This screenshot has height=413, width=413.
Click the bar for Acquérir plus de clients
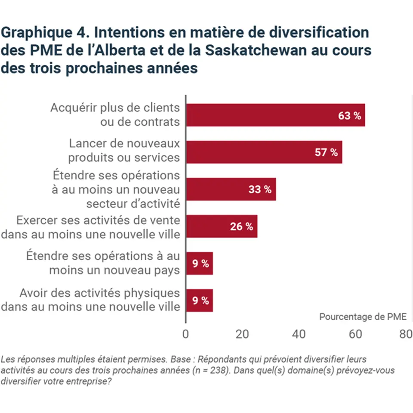[275, 115]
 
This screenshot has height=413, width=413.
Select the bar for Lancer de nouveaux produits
[264, 152]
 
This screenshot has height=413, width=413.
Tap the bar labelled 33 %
[231, 189]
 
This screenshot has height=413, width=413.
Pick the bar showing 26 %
[221, 226]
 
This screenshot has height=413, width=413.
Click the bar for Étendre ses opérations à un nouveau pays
[199, 263]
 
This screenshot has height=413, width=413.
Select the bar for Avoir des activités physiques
[199, 300]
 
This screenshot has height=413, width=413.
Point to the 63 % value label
[349, 116]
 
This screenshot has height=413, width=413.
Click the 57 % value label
[326, 153]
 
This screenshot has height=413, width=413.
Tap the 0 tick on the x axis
[186, 334]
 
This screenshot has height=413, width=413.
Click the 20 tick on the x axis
[242, 334]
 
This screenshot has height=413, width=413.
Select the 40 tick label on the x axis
[299, 334]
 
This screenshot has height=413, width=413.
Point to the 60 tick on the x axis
[355, 334]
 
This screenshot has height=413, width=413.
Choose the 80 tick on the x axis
[406, 334]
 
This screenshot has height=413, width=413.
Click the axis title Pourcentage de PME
[363, 317]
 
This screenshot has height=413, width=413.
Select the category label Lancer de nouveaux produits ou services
[124, 150]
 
